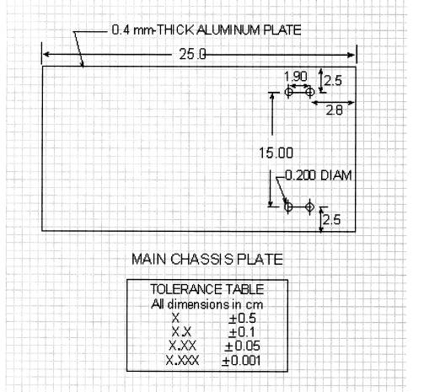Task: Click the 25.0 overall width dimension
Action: click(x=192, y=54)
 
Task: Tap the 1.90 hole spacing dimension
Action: click(x=296, y=76)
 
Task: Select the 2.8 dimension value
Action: click(x=334, y=110)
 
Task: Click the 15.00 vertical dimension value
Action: click(x=276, y=153)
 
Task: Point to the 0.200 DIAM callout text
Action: click(x=319, y=175)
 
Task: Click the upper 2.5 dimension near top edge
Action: click(x=333, y=81)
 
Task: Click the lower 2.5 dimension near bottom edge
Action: click(x=331, y=220)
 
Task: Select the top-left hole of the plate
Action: click(x=288, y=92)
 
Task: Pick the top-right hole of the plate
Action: click(x=309, y=91)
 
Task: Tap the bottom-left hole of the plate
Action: click(x=288, y=207)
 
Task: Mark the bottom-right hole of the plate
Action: click(x=309, y=207)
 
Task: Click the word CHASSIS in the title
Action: click(x=201, y=259)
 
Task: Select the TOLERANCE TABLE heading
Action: click(x=207, y=289)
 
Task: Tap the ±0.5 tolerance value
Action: click(x=242, y=319)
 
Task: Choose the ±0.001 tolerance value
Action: click(x=241, y=361)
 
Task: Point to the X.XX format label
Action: click(x=182, y=346)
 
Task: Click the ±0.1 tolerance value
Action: click(x=242, y=332)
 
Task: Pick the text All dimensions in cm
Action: click(x=207, y=304)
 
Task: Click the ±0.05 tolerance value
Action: click(x=242, y=346)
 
